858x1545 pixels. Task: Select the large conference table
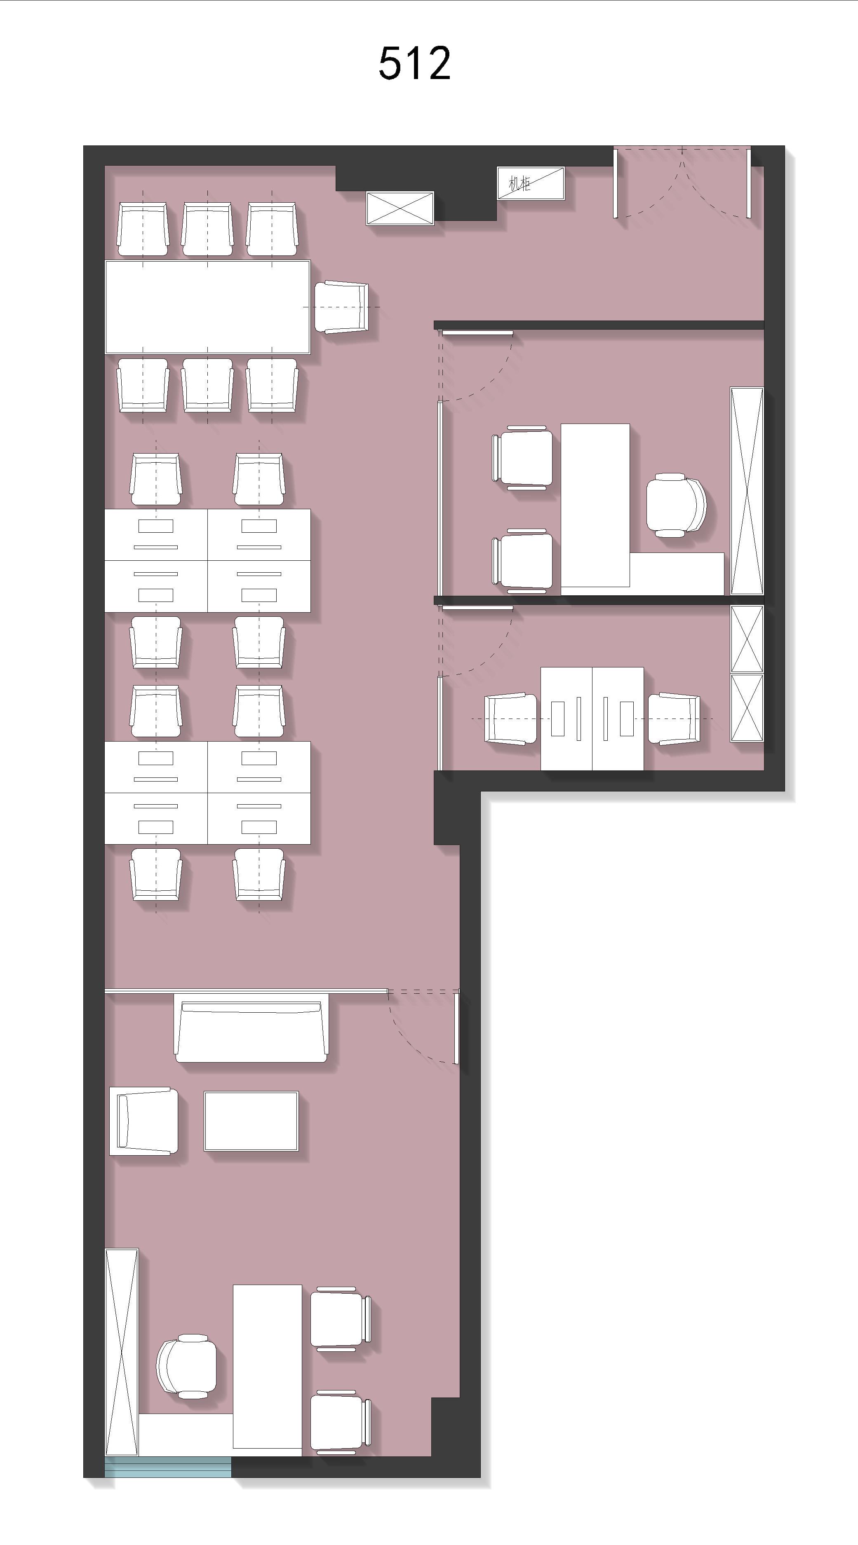[208, 307]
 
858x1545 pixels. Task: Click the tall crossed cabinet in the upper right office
[746, 491]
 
